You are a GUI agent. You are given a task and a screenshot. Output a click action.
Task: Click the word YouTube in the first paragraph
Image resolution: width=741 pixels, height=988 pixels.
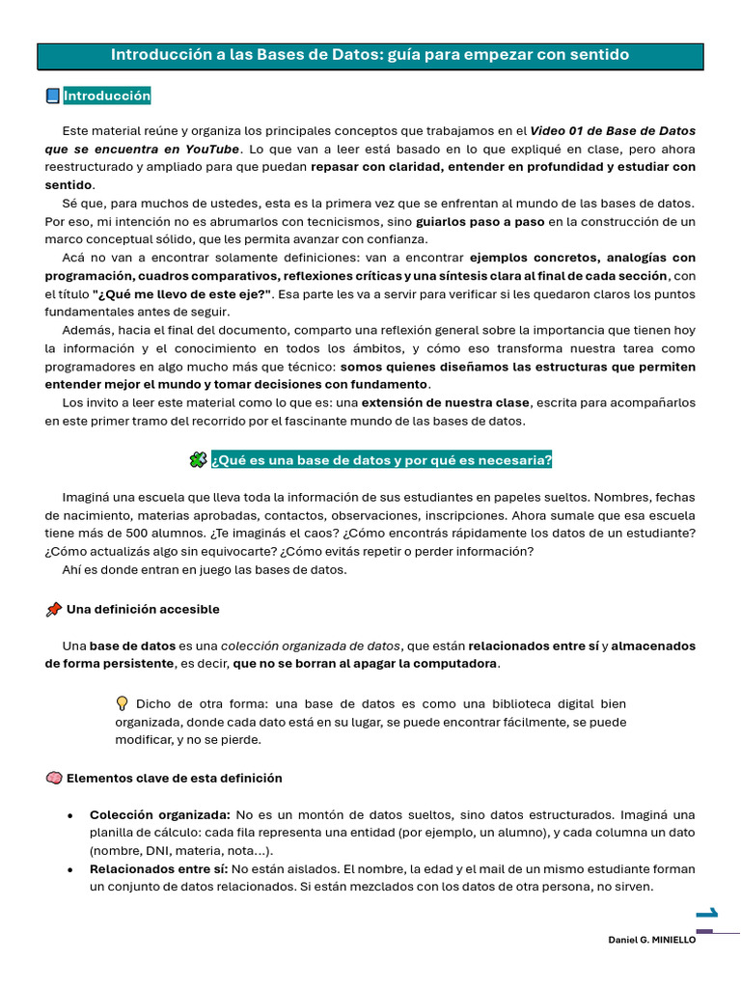(x=211, y=149)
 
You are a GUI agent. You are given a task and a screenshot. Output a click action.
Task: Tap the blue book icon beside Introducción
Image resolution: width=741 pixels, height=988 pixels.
(x=53, y=96)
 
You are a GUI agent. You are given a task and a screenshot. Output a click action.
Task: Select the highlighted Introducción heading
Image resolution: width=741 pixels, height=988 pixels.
(x=107, y=96)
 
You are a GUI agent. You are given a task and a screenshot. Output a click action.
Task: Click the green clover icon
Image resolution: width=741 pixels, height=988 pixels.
(x=197, y=460)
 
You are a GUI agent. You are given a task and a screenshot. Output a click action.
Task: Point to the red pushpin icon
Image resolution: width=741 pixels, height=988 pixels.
(x=53, y=610)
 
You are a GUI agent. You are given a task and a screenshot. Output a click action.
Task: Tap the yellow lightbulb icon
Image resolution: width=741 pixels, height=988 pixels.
(x=123, y=703)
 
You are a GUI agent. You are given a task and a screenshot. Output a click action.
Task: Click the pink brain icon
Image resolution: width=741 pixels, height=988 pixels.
(x=53, y=778)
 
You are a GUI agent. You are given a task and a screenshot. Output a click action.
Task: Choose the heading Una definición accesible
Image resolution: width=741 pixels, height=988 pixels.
(x=143, y=610)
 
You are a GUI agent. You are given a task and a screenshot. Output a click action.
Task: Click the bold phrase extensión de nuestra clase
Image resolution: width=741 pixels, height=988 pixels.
(x=446, y=402)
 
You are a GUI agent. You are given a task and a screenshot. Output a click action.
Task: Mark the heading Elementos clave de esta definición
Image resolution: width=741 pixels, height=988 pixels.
(x=174, y=778)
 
